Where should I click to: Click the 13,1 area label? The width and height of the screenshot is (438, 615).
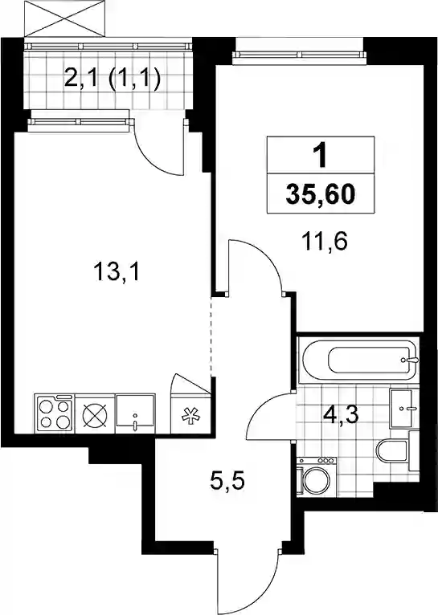[x=117, y=272]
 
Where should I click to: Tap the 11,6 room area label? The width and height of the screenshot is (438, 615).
[x=325, y=242]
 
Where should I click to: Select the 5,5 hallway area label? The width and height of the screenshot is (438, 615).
[x=227, y=481]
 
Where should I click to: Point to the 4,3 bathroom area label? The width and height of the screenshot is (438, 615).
[x=341, y=415]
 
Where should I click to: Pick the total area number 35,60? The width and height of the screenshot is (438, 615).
[x=321, y=194]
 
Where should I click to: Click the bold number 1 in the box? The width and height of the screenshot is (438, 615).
[x=321, y=156]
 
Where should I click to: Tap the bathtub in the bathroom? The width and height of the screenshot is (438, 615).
[x=358, y=360]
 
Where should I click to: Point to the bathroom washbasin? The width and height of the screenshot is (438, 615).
[x=403, y=409]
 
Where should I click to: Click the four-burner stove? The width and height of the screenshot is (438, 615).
[x=55, y=413]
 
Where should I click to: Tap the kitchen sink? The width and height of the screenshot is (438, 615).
[x=135, y=413]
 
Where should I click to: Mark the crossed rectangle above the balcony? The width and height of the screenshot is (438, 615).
[x=65, y=18]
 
